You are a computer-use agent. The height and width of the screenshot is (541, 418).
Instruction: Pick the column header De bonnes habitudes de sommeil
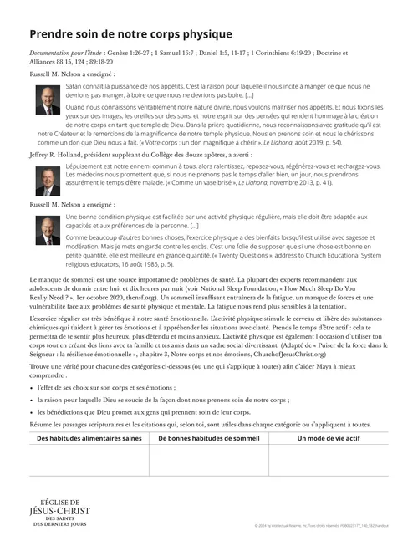tap(208, 436)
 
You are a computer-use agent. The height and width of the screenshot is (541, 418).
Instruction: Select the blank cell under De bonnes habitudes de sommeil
tap(208, 460)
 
